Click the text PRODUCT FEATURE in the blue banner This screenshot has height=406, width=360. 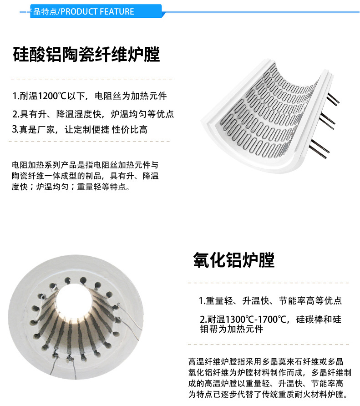click(x=97, y=11)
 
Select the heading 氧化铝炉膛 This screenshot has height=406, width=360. click(x=233, y=260)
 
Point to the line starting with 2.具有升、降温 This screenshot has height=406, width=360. click(x=93, y=114)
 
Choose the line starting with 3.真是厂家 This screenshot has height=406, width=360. click(x=80, y=130)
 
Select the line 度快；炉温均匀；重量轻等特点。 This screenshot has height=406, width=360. click(x=71, y=187)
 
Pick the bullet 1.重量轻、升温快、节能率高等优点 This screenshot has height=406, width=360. click(x=270, y=301)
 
